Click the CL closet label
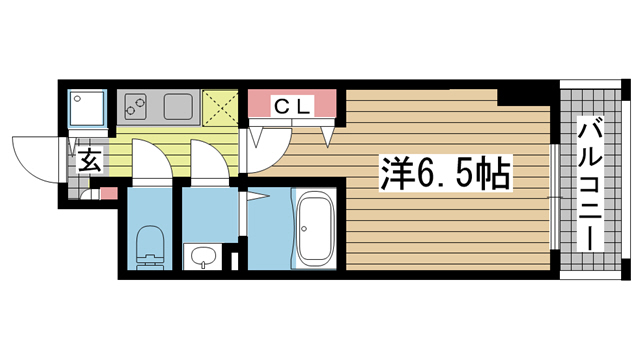[293, 107]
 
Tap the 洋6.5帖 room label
[446, 173]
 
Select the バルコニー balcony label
[590, 184]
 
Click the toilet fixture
[149, 247]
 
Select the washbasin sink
[202, 257]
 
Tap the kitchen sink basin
[178, 107]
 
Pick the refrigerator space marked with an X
[220, 108]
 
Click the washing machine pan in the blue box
[87, 108]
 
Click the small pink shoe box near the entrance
[109, 193]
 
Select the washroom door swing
[210, 160]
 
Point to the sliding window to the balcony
[554, 196]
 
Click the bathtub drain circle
[304, 229]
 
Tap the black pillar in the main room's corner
[523, 98]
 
